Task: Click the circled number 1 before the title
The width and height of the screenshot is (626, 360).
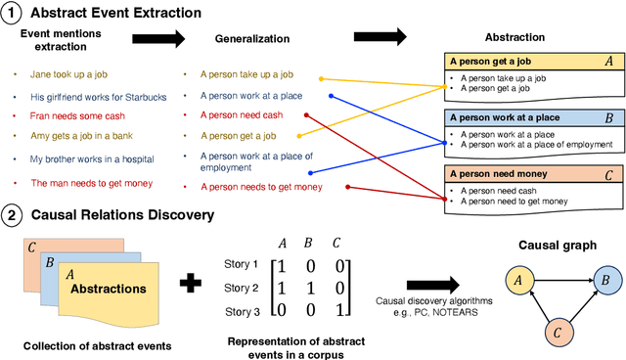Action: point(14,14)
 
